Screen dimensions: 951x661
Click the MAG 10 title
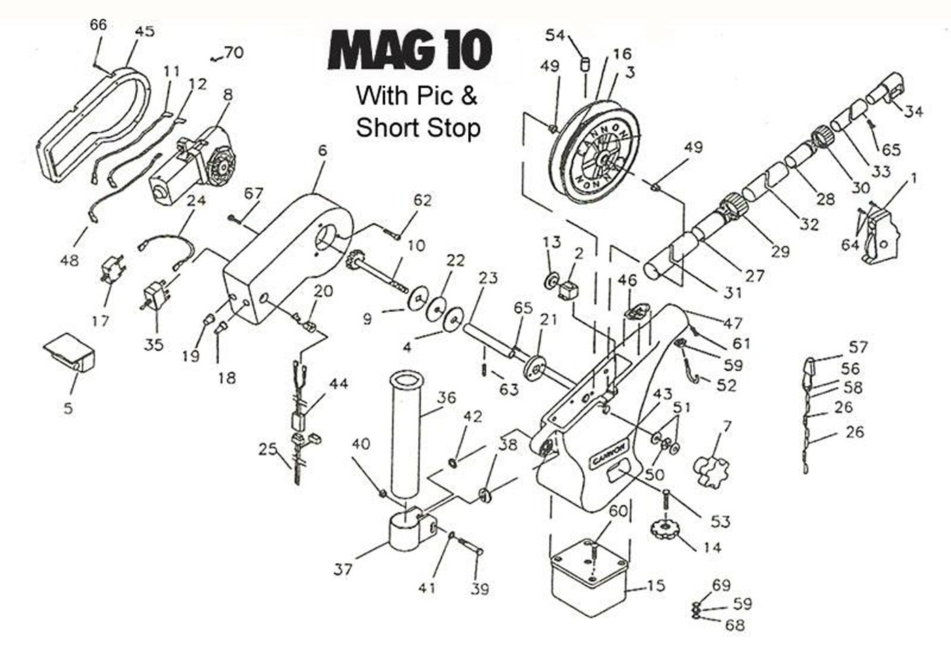[410, 50]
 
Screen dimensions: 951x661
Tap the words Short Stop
[418, 128]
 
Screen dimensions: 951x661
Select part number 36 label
[446, 398]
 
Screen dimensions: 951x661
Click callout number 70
[234, 52]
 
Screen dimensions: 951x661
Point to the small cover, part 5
[69, 352]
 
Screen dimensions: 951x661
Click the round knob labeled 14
[664, 529]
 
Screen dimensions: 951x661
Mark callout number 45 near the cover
[145, 31]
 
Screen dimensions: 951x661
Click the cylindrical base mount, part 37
[410, 532]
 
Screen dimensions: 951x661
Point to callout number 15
[656, 586]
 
